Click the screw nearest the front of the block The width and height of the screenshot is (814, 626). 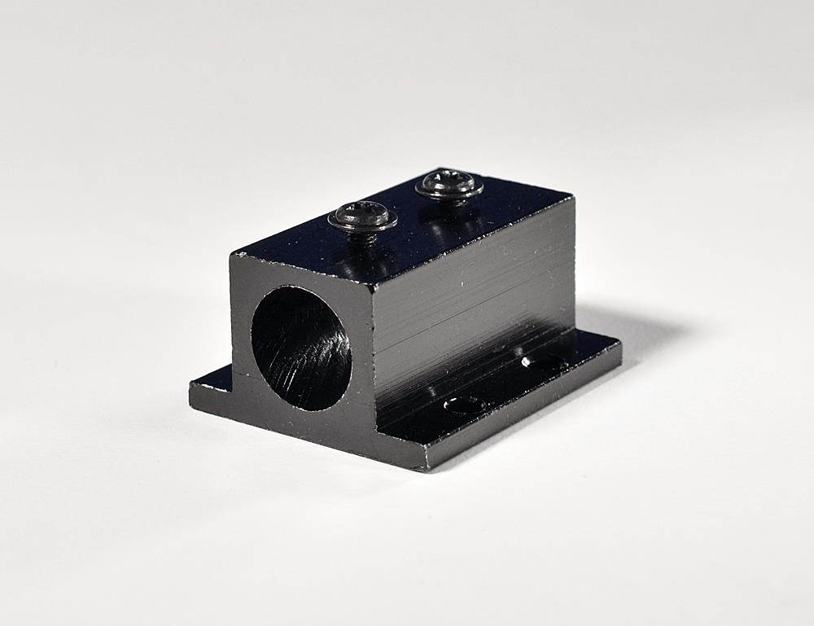(362, 217)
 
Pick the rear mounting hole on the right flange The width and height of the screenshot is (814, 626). (538, 361)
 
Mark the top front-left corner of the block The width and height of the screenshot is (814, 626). (234, 256)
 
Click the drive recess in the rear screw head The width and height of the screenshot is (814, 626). (449, 184)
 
